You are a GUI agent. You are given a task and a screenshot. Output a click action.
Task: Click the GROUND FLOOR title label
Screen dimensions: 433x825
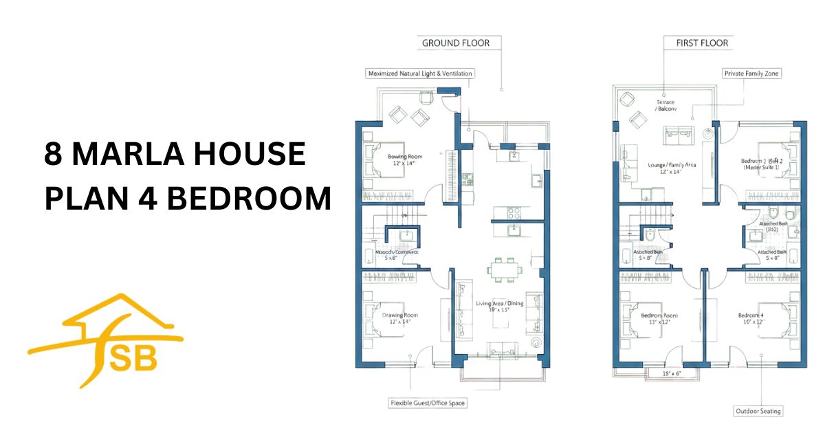point(455,43)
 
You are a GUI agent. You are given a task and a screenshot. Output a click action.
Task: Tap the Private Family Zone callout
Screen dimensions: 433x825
point(751,73)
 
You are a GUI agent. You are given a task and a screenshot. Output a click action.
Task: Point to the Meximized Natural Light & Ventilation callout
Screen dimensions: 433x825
point(420,73)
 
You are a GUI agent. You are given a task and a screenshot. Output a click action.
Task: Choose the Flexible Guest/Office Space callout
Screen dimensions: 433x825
point(427,403)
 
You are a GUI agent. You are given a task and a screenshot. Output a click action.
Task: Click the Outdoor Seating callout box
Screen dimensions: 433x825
point(758,411)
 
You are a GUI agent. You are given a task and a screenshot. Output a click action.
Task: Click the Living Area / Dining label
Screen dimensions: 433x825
point(499,303)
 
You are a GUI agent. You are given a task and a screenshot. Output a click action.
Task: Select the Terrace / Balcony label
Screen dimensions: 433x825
point(665,105)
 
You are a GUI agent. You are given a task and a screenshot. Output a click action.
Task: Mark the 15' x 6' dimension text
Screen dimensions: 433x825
point(672,374)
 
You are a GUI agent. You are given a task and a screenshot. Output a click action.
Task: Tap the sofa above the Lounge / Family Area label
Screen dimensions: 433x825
point(678,135)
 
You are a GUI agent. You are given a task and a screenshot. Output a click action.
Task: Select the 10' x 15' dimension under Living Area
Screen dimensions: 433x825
point(499,310)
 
